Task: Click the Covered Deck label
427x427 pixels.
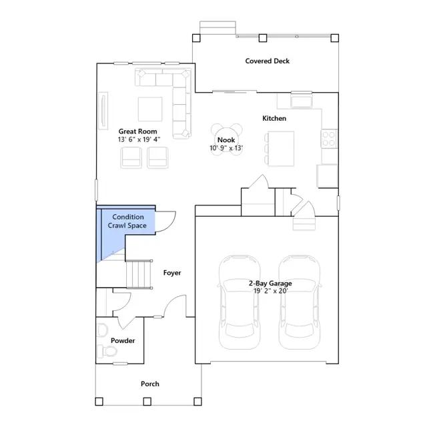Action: click(267, 61)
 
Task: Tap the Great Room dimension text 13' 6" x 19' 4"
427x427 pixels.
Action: click(139, 139)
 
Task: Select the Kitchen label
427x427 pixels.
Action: click(274, 119)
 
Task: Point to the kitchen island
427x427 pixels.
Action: click(281, 148)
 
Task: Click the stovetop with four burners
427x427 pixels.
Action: click(329, 139)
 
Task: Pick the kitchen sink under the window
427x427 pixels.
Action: click(302, 101)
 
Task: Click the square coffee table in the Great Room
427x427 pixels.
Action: click(150, 109)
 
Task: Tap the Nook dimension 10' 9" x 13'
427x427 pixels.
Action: click(226, 148)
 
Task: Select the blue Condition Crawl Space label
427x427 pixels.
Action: click(127, 221)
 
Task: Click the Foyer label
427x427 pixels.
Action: click(172, 273)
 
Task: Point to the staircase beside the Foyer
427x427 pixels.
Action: click(139, 274)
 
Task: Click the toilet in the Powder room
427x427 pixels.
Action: click(107, 351)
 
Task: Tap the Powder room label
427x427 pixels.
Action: click(123, 341)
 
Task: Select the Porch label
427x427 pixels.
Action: click(150, 384)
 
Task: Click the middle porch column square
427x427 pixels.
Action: click(147, 402)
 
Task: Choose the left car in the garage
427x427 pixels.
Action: click(240, 302)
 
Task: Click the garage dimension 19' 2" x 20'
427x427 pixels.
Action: click(271, 291)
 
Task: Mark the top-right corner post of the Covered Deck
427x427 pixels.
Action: click(335, 38)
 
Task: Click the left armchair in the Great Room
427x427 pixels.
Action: click(131, 157)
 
